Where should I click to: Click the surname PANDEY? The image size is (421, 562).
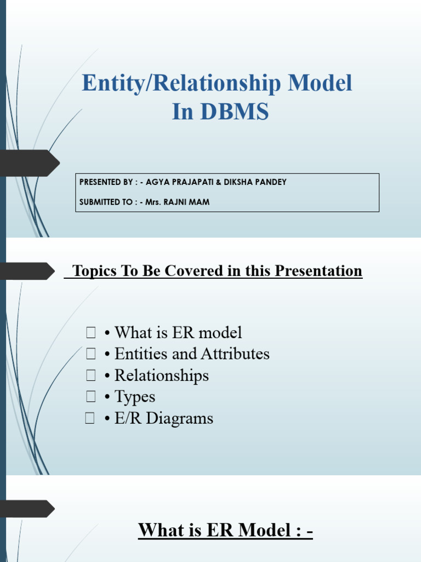[x=269, y=182]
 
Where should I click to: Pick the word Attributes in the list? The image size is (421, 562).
[x=235, y=354]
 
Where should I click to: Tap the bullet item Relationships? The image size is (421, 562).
[x=161, y=375]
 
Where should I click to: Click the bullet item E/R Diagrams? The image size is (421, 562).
[x=163, y=419]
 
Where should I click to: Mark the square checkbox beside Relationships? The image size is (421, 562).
[x=90, y=375]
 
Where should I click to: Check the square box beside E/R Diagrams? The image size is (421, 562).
[x=90, y=419]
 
